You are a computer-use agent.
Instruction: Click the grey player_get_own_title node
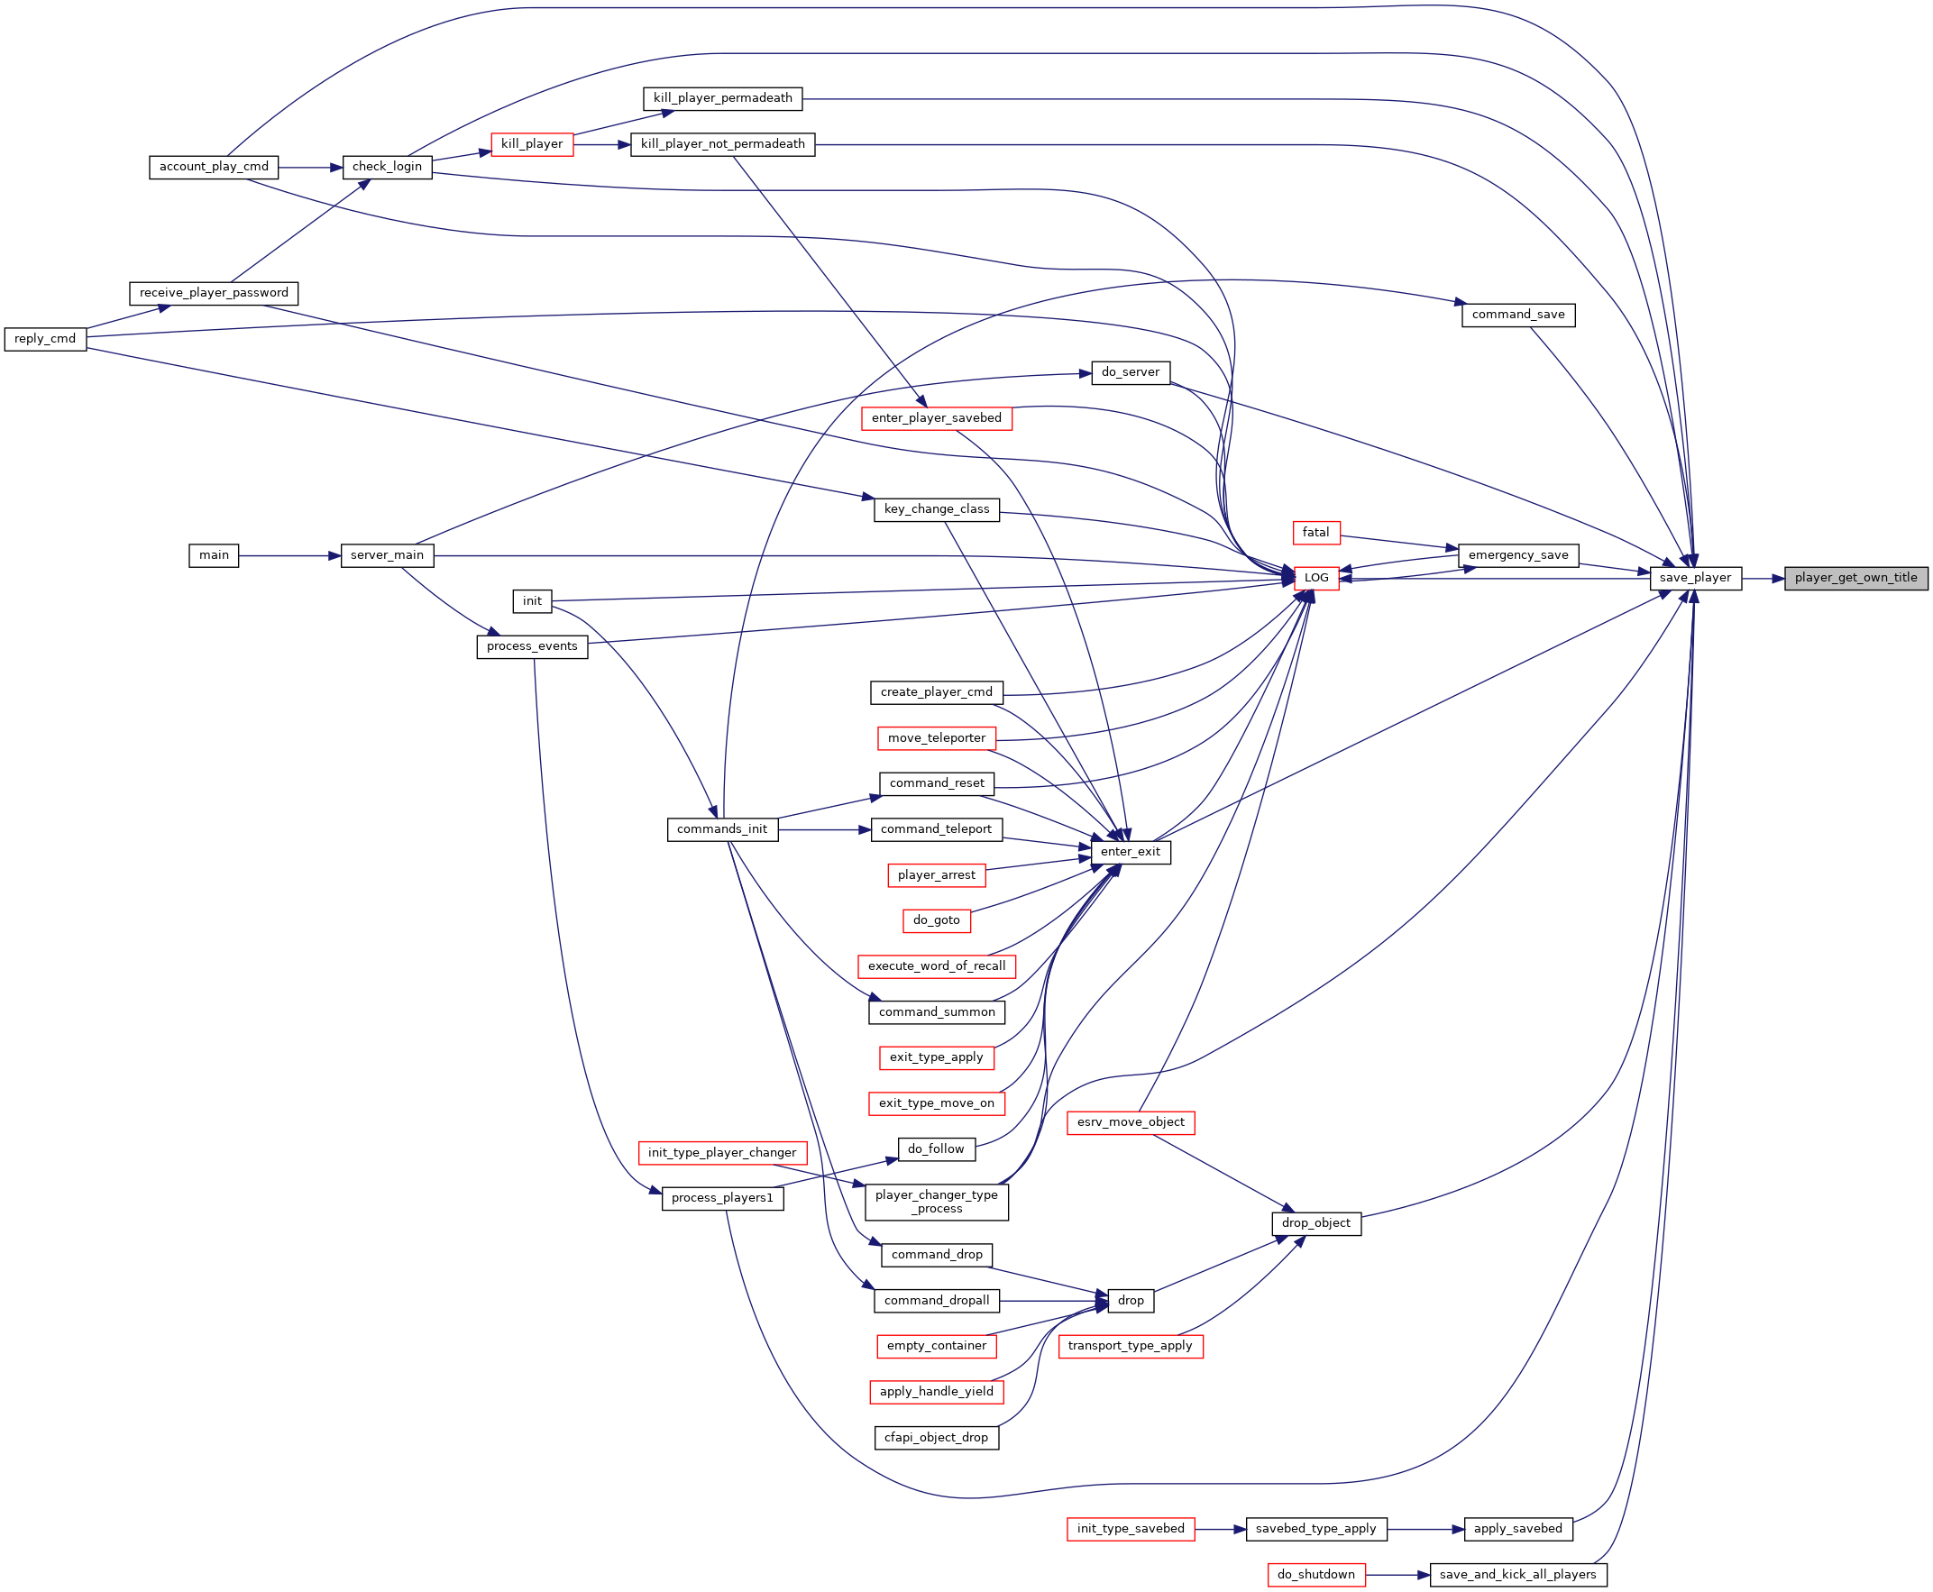(1856, 578)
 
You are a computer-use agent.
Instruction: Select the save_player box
(1695, 578)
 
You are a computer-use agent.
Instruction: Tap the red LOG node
(1316, 578)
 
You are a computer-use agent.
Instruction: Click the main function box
(214, 554)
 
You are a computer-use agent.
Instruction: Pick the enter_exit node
(1130, 852)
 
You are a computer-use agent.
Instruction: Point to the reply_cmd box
(45, 338)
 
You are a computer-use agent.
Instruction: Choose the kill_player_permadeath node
(722, 98)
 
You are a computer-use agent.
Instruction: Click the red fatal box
(1316, 532)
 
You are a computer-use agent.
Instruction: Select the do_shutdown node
(1316, 1575)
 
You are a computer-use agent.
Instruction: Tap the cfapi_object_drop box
(936, 1438)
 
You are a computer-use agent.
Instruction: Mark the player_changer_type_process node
(936, 1203)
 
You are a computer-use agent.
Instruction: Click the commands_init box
(722, 829)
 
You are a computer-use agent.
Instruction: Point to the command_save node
(1518, 315)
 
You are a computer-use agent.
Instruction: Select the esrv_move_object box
(1131, 1122)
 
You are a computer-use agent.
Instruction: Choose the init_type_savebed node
(1131, 1529)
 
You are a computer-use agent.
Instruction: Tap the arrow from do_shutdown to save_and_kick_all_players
(1397, 1576)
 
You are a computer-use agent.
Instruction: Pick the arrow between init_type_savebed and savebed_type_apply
(1221, 1530)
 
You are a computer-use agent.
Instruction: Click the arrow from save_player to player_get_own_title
(1763, 579)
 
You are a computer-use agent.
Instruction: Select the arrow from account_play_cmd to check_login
(310, 168)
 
